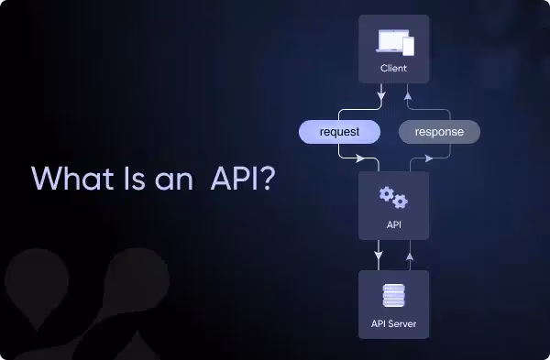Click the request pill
(338, 132)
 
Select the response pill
(439, 132)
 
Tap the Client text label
(394, 69)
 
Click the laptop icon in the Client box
(390, 42)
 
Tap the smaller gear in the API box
(401, 202)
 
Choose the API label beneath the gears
(394, 224)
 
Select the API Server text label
(394, 323)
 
